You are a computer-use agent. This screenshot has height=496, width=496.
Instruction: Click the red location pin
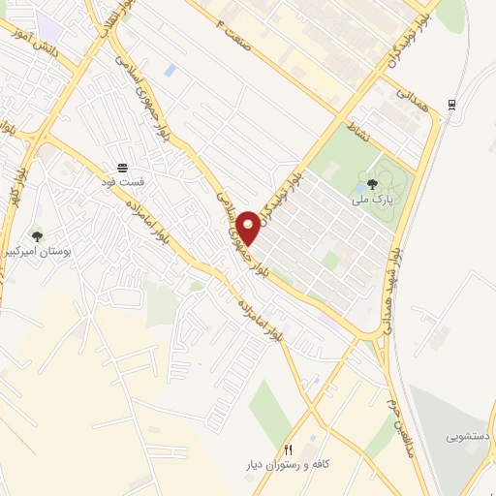250,227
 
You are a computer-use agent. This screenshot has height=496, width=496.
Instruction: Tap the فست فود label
123,181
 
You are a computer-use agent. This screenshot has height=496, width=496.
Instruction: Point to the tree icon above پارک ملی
374,186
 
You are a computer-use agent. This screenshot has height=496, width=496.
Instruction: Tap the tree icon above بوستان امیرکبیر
37,234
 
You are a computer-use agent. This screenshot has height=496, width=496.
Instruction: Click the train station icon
452,105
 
